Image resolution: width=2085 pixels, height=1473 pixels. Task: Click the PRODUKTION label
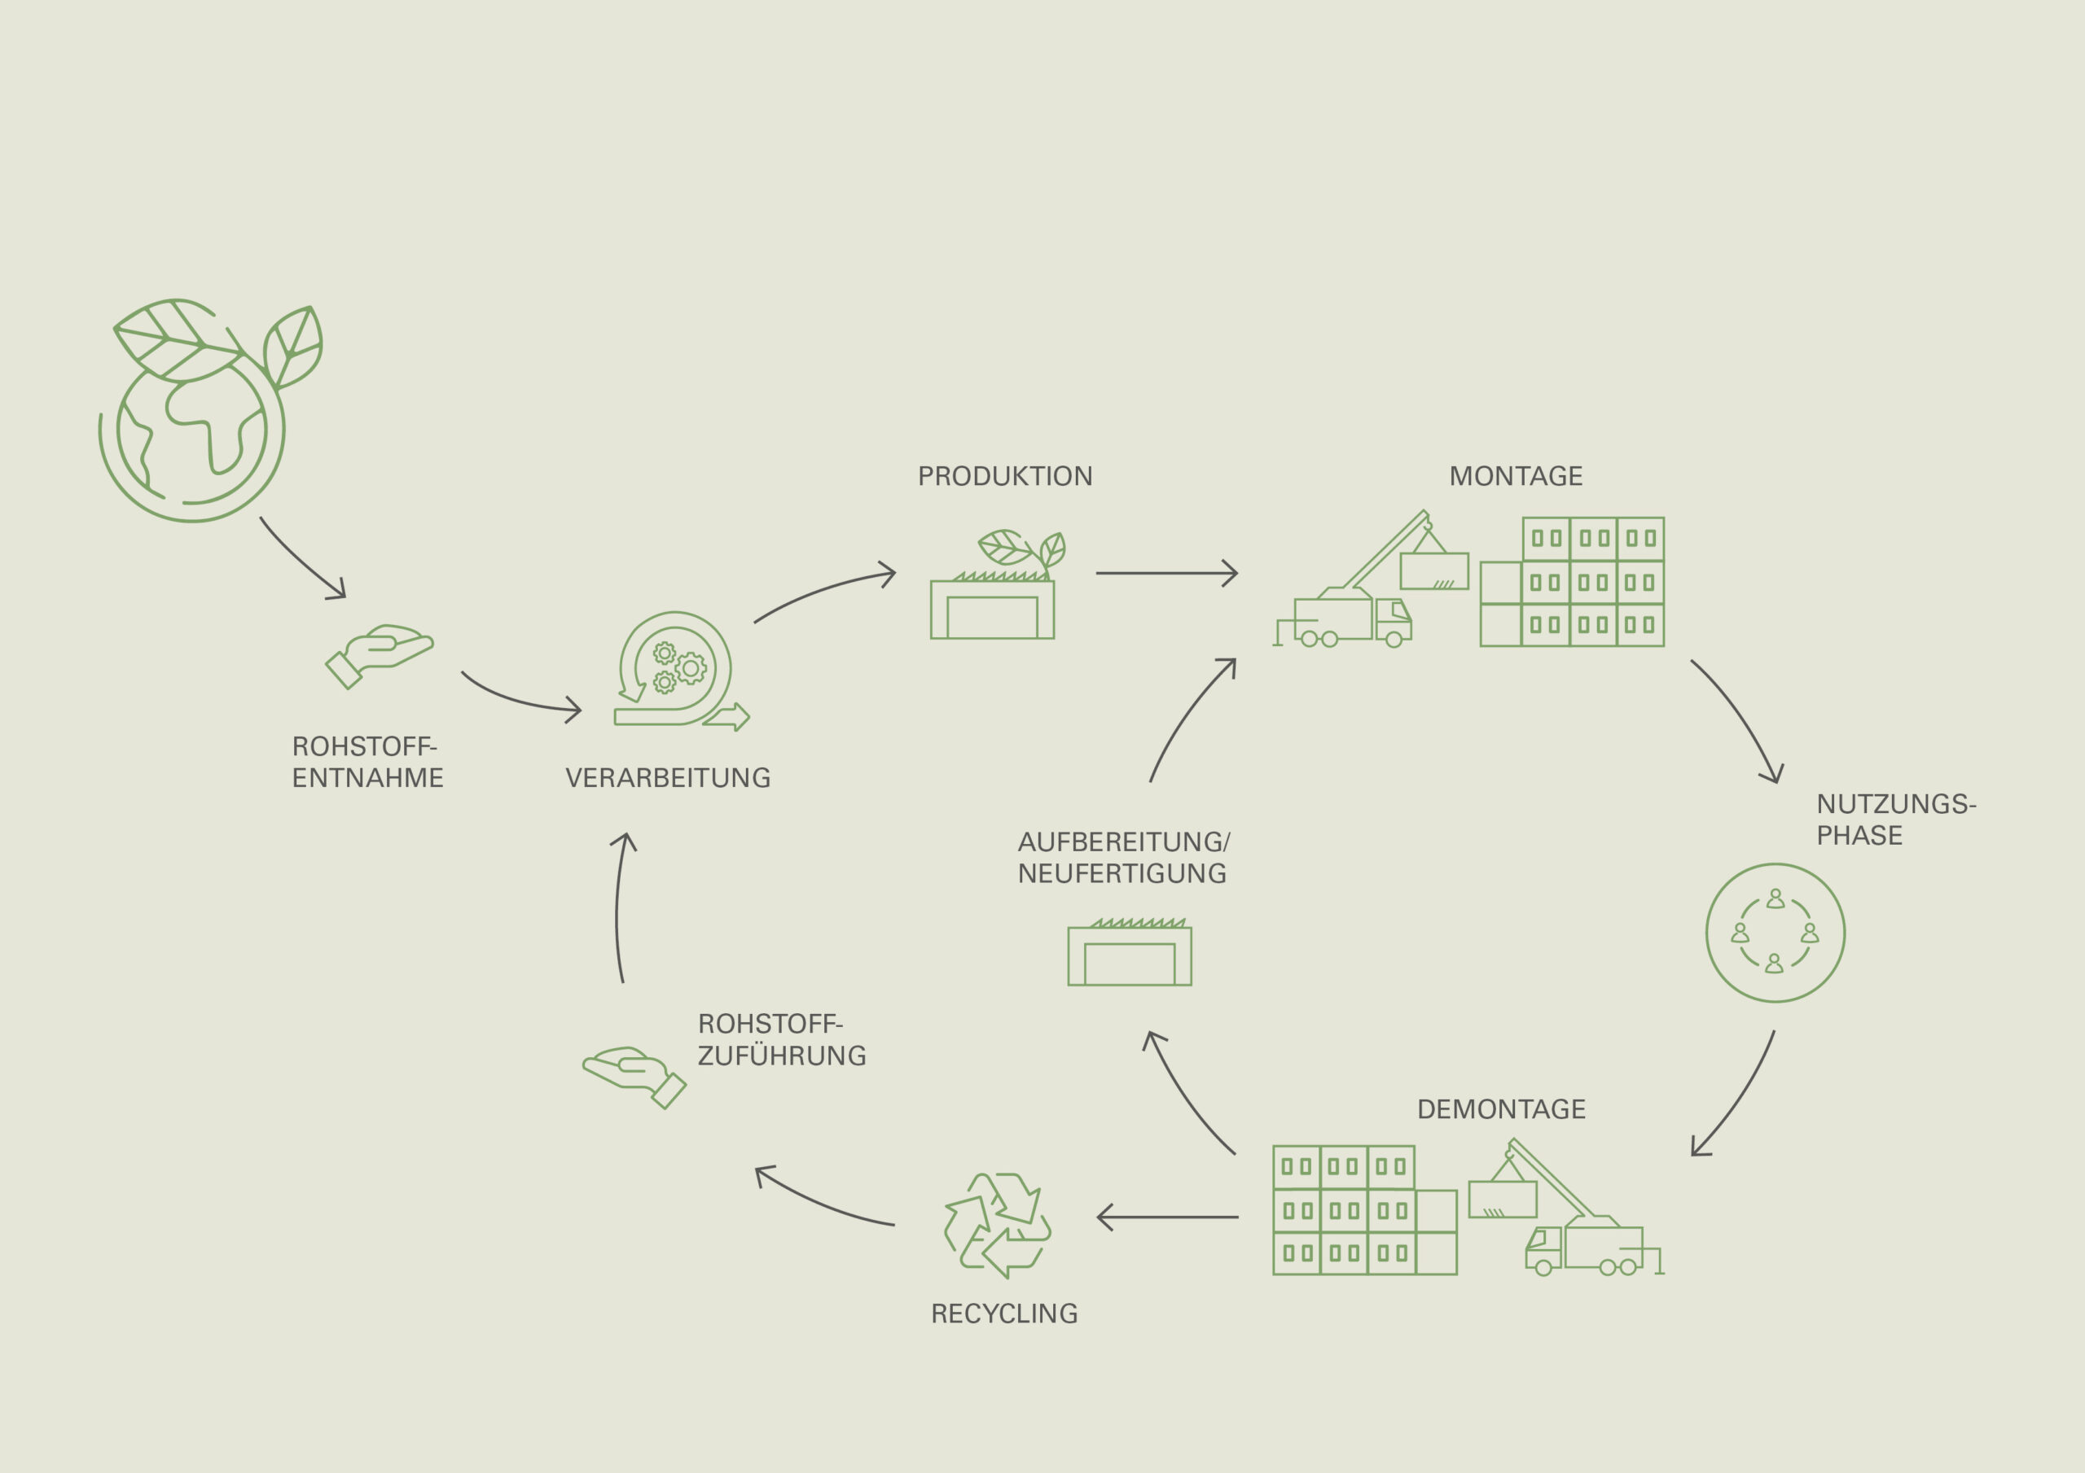[1004, 476]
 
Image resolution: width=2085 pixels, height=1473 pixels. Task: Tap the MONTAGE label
[1516, 476]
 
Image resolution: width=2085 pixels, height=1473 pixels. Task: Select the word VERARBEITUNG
[668, 778]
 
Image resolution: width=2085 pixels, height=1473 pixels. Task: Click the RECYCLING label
[1004, 1313]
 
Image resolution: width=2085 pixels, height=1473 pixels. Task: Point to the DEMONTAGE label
[1501, 1109]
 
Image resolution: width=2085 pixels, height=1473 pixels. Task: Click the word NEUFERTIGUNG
[1122, 873]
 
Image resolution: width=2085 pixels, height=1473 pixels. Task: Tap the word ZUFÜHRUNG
[782, 1056]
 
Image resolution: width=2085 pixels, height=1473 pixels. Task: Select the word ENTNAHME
[368, 778]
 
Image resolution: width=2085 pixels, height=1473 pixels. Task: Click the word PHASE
[1859, 835]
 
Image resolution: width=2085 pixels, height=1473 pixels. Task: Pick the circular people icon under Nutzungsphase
[1775, 933]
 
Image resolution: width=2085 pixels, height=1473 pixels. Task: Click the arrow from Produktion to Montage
[1166, 574]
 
